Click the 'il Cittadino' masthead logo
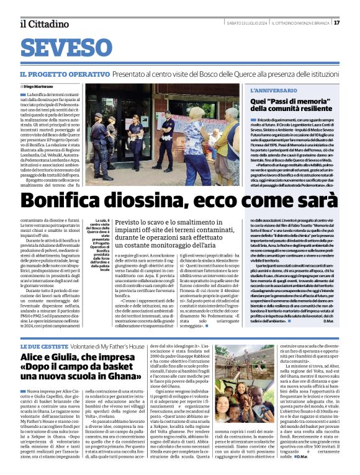click(x=43, y=24)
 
